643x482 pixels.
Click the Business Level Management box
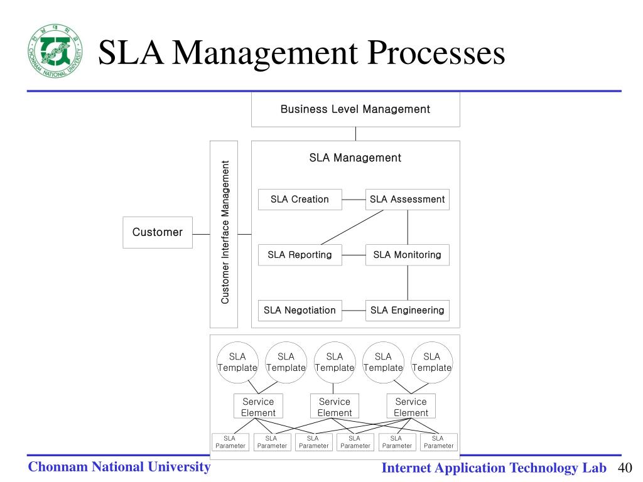[x=355, y=109]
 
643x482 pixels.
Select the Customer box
[x=157, y=232]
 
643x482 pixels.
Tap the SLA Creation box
[x=300, y=200]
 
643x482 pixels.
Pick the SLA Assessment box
[x=407, y=200]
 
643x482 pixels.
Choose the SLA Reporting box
[x=300, y=255]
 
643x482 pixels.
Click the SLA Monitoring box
[x=407, y=255]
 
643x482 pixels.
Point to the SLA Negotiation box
[x=300, y=310]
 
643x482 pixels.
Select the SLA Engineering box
[x=407, y=310]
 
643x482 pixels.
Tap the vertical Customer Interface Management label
[x=224, y=233]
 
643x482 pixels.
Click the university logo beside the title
[x=55, y=51]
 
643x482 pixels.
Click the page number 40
[x=625, y=468]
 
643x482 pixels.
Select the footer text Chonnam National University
[x=119, y=466]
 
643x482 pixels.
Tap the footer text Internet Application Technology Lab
[x=494, y=468]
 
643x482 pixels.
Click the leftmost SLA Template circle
[x=237, y=362]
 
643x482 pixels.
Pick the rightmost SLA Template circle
[x=432, y=362]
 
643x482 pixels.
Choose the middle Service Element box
[x=334, y=407]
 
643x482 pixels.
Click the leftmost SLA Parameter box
[x=230, y=442]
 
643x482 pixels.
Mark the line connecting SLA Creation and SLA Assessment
[x=354, y=200]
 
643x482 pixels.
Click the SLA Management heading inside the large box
[x=355, y=158]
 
